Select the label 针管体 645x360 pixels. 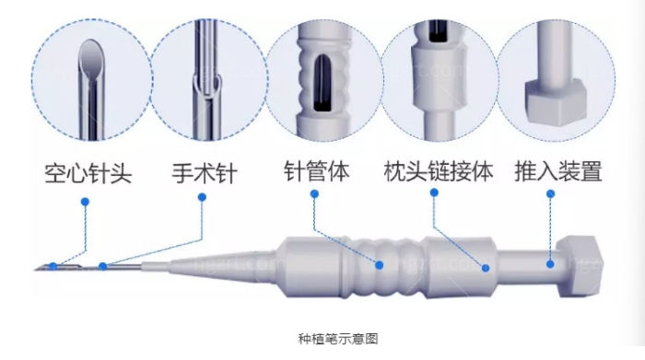tap(316, 171)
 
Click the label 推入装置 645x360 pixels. tap(558, 171)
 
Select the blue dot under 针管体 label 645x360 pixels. tap(315, 194)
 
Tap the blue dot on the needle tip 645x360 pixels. tap(54, 267)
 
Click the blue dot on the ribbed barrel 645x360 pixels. tap(379, 264)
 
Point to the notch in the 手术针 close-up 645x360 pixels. tap(209, 87)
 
